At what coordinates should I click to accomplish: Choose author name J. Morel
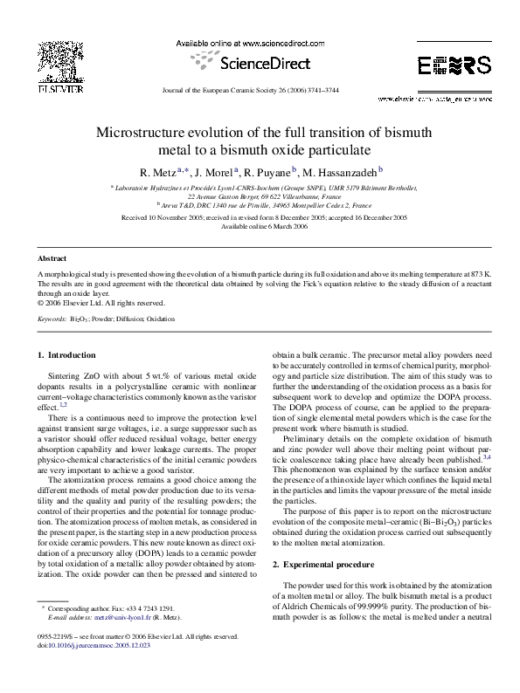(214, 171)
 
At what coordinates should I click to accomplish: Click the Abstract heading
(52, 259)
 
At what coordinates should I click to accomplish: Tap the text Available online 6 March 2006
(260, 225)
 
